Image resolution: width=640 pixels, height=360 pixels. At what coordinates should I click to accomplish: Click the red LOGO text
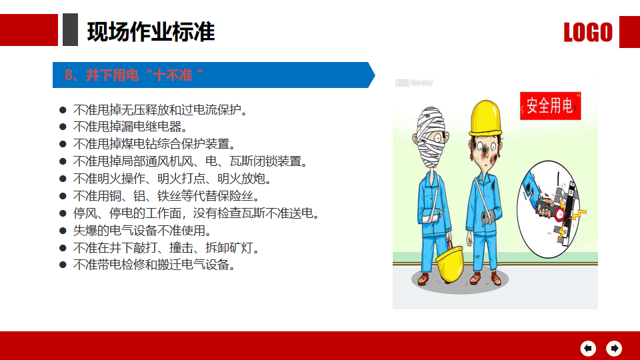click(x=588, y=32)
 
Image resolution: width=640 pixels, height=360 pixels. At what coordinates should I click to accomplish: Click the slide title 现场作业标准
click(x=151, y=32)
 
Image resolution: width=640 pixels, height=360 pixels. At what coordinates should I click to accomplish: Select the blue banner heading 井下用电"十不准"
click(x=133, y=75)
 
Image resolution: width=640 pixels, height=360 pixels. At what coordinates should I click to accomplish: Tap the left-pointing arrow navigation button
click(x=588, y=348)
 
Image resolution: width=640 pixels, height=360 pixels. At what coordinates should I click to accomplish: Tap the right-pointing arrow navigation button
click(x=614, y=348)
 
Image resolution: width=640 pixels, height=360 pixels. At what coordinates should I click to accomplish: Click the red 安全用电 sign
click(x=550, y=106)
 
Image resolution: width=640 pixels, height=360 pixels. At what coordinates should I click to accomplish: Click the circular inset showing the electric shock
click(x=548, y=209)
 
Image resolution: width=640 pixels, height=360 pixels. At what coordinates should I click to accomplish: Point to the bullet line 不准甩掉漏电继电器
click(x=130, y=127)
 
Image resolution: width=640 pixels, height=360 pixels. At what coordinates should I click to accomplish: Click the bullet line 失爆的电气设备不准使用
click(x=142, y=231)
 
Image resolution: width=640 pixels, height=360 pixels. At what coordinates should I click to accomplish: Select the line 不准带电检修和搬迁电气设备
click(x=154, y=265)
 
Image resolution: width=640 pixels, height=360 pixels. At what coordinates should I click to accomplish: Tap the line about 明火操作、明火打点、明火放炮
click(x=172, y=179)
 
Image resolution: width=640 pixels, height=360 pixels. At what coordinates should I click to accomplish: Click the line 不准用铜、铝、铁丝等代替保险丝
click(x=166, y=196)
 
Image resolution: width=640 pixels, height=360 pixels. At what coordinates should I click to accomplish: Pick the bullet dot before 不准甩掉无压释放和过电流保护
click(x=63, y=110)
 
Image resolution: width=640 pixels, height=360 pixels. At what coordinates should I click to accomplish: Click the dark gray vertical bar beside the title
click(x=70, y=30)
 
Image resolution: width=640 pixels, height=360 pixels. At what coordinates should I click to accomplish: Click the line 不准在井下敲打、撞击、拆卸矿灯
click(x=166, y=248)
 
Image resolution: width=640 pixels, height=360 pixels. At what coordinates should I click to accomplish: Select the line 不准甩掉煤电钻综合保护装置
click(x=154, y=144)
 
